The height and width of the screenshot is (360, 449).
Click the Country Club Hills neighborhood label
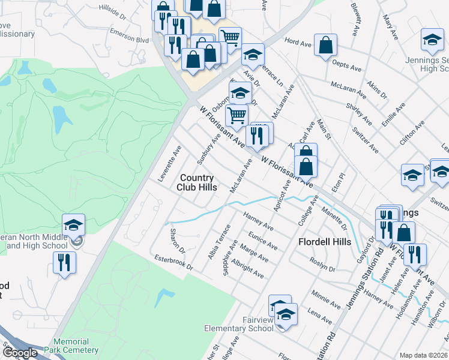point(197,182)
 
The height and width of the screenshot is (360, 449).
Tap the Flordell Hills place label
point(325,242)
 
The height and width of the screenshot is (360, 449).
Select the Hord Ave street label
point(298,43)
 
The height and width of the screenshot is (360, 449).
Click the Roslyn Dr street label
point(322,265)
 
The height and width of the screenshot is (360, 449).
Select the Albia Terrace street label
point(218,242)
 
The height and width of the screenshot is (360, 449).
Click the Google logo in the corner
point(19,353)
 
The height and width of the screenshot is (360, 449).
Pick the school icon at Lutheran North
point(73,225)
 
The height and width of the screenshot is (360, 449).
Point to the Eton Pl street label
point(342,181)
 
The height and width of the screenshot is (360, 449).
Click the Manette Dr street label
point(334,219)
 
